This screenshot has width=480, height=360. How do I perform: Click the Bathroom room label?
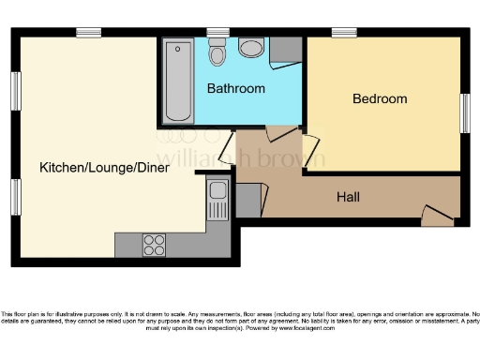(235, 89)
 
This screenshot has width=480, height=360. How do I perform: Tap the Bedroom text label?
(380, 98)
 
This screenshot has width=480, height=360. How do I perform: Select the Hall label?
(349, 197)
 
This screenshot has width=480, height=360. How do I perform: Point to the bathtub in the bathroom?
(178, 82)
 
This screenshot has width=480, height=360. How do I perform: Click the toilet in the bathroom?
(217, 53)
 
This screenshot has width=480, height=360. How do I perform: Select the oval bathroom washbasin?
(251, 48)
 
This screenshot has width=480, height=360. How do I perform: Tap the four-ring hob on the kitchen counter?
(154, 244)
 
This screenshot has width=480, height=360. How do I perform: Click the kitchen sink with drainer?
(217, 202)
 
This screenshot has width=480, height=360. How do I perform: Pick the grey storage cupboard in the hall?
(248, 200)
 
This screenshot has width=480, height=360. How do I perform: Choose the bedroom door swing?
(309, 148)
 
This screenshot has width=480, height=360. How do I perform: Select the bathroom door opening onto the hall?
(280, 132)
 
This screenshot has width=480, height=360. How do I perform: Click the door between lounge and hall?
(226, 148)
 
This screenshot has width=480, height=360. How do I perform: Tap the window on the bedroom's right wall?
(463, 112)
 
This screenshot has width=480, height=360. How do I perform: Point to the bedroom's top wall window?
(343, 33)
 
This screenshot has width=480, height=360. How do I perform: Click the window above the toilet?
(218, 33)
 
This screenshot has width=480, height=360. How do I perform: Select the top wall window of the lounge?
(89, 33)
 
